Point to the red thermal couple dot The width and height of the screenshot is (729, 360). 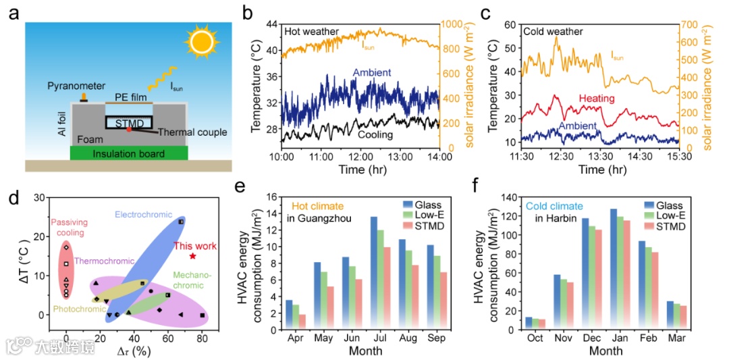click(x=128, y=129)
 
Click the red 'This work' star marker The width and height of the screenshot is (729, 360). click(x=193, y=256)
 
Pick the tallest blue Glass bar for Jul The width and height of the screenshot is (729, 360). click(x=373, y=274)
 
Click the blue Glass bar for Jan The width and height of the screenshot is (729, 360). click(x=614, y=269)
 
